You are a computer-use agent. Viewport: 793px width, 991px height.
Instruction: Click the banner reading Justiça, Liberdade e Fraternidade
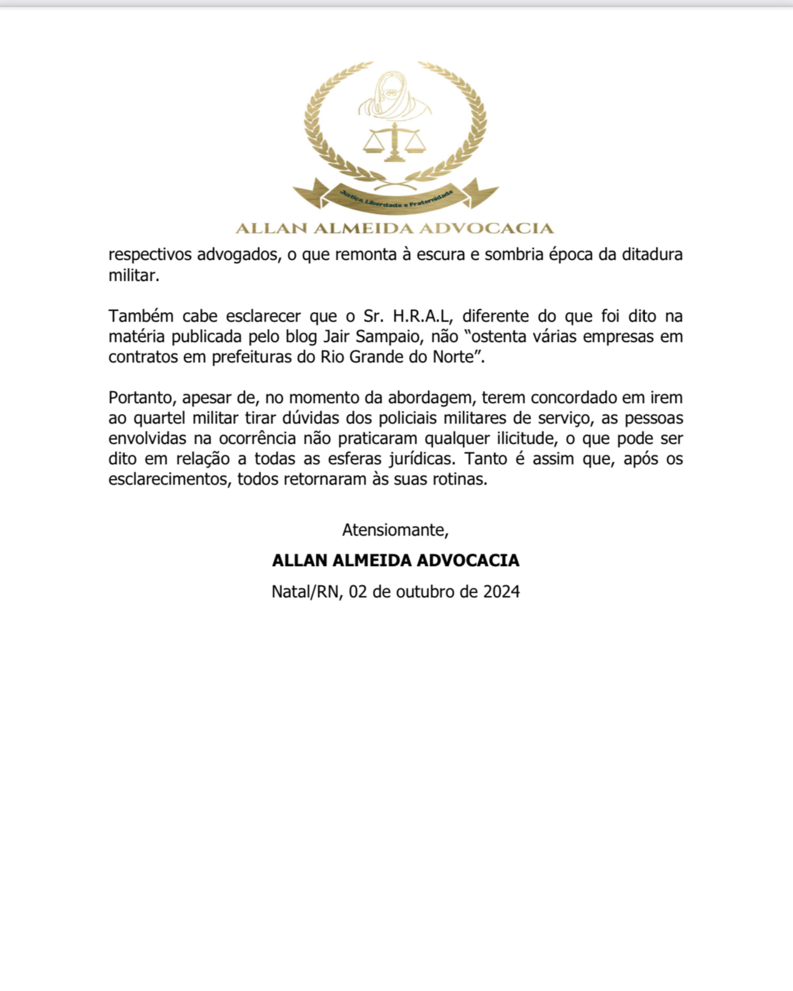click(x=395, y=200)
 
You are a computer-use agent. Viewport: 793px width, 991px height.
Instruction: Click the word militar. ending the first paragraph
click(x=134, y=276)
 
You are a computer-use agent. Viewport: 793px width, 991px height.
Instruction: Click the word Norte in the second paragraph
click(x=458, y=357)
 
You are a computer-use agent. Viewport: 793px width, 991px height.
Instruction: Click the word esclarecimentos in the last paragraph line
click(x=170, y=479)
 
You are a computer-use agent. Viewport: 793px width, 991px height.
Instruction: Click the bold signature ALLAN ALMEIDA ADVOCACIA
click(x=396, y=560)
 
